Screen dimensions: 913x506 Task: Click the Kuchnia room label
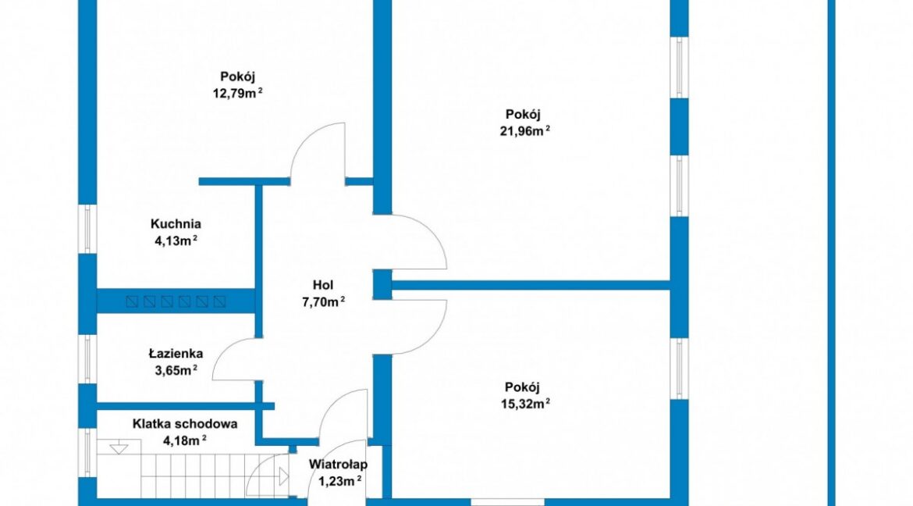point(176,224)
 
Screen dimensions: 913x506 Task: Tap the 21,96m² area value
point(525,130)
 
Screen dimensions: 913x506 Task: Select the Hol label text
point(323,285)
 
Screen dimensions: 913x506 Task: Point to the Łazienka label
point(176,353)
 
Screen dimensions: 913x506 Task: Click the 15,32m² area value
point(525,404)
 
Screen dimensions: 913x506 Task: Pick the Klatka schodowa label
point(185,424)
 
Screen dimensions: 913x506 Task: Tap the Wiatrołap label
point(339,465)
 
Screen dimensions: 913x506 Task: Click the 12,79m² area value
point(237,93)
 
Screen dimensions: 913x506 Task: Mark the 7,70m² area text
point(323,301)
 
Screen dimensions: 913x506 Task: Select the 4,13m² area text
point(176,241)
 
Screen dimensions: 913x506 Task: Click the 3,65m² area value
point(176,369)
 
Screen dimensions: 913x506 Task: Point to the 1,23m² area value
point(340,481)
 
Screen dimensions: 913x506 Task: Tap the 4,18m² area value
point(185,440)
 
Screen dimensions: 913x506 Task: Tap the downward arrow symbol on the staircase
point(119,448)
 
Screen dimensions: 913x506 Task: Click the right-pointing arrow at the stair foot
point(283,477)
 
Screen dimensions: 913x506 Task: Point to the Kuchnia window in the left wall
point(88,229)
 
